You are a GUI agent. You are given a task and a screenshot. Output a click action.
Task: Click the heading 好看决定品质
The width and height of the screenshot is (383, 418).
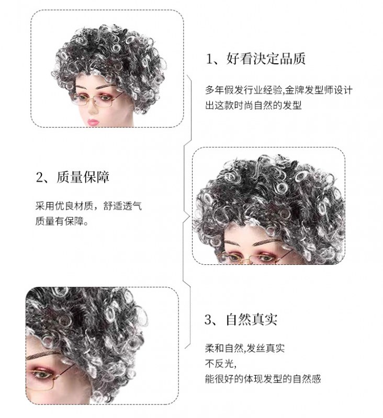[x=266, y=59]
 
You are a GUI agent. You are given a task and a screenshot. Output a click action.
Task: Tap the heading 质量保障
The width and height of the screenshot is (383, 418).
[x=83, y=177]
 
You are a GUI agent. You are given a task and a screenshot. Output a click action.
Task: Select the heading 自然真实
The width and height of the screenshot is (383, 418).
[x=252, y=319]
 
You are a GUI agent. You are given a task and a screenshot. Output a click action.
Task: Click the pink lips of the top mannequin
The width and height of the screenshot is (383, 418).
[x=93, y=122]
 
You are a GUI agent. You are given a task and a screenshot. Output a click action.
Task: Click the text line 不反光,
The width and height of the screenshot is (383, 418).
[x=221, y=363]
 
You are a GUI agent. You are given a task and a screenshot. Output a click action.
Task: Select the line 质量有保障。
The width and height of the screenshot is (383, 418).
[x=62, y=221]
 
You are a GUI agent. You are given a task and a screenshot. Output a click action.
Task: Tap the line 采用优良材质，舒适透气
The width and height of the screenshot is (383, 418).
[x=88, y=206]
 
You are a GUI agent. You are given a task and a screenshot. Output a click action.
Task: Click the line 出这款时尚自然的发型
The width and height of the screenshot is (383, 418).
[x=253, y=106]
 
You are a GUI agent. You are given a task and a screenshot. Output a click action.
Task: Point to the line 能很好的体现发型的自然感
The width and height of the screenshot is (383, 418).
[x=263, y=378]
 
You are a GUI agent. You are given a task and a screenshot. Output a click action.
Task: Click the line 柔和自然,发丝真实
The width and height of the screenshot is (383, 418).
[x=245, y=348]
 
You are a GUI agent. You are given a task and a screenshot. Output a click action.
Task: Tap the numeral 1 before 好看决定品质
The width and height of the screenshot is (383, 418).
[x=209, y=59]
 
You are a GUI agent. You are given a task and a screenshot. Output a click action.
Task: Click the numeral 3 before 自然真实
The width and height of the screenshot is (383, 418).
[x=208, y=320]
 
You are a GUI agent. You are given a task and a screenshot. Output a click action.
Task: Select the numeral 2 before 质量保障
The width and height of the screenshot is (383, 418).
[x=39, y=177]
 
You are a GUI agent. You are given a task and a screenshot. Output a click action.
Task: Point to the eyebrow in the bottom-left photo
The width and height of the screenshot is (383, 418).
[x=44, y=356]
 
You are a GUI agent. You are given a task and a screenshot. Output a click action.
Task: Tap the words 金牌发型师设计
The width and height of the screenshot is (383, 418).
[x=319, y=90]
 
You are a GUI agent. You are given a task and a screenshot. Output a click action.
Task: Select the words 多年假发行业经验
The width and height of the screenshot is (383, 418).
[x=243, y=90]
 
